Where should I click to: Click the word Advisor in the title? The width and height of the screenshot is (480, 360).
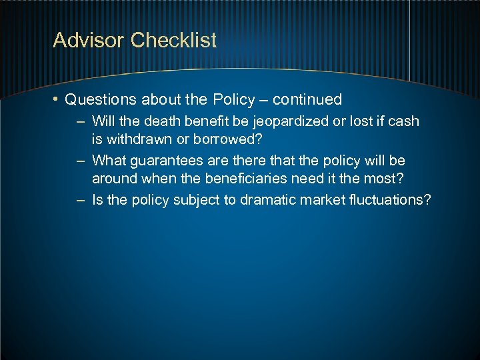click(89, 40)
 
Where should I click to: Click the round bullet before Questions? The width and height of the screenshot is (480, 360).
click(57, 100)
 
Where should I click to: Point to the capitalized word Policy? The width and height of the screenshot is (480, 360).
click(234, 100)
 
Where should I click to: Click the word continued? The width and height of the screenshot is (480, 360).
click(307, 100)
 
